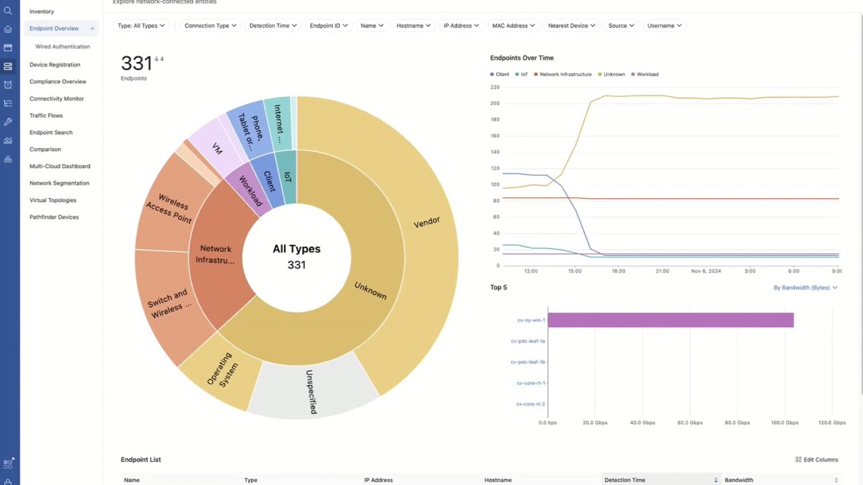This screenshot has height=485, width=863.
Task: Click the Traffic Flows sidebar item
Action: click(x=46, y=115)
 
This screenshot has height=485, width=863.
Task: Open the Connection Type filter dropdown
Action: click(x=210, y=26)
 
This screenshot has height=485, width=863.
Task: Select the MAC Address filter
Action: click(x=513, y=26)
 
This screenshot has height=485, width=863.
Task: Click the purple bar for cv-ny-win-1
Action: click(x=670, y=320)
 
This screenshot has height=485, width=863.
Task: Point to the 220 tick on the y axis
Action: click(x=495, y=87)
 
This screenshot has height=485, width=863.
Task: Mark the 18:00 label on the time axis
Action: click(x=618, y=271)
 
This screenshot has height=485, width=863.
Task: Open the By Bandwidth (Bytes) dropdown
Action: click(x=805, y=288)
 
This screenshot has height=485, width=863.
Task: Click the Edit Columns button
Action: click(x=816, y=459)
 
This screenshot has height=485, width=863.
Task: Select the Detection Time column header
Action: click(x=625, y=480)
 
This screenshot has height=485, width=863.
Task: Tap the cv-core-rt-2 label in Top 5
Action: click(x=530, y=404)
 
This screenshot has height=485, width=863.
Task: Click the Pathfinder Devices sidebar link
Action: click(x=54, y=217)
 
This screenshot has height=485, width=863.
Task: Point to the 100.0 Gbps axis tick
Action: click(x=784, y=422)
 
